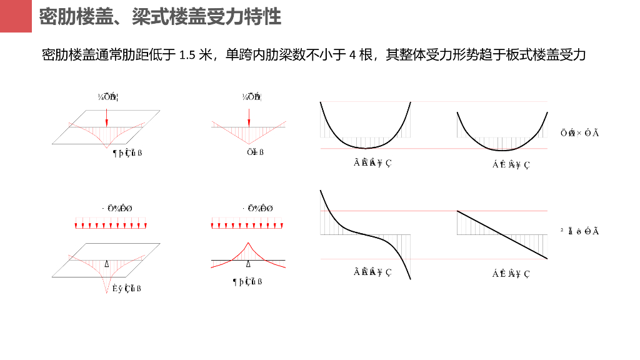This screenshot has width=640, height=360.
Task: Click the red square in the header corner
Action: tap(15, 16)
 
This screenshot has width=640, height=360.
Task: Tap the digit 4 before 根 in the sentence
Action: tap(352, 56)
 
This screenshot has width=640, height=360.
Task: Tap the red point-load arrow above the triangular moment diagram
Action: tap(249, 117)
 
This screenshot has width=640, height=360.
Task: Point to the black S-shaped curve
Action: tap(366, 234)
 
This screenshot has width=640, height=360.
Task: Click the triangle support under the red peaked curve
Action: tap(249, 264)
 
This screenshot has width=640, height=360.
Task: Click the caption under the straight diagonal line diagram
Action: tap(511, 273)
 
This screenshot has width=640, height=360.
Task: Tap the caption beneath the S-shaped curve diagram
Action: tap(372, 271)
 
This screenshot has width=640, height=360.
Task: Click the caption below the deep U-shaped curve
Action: tap(372, 163)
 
